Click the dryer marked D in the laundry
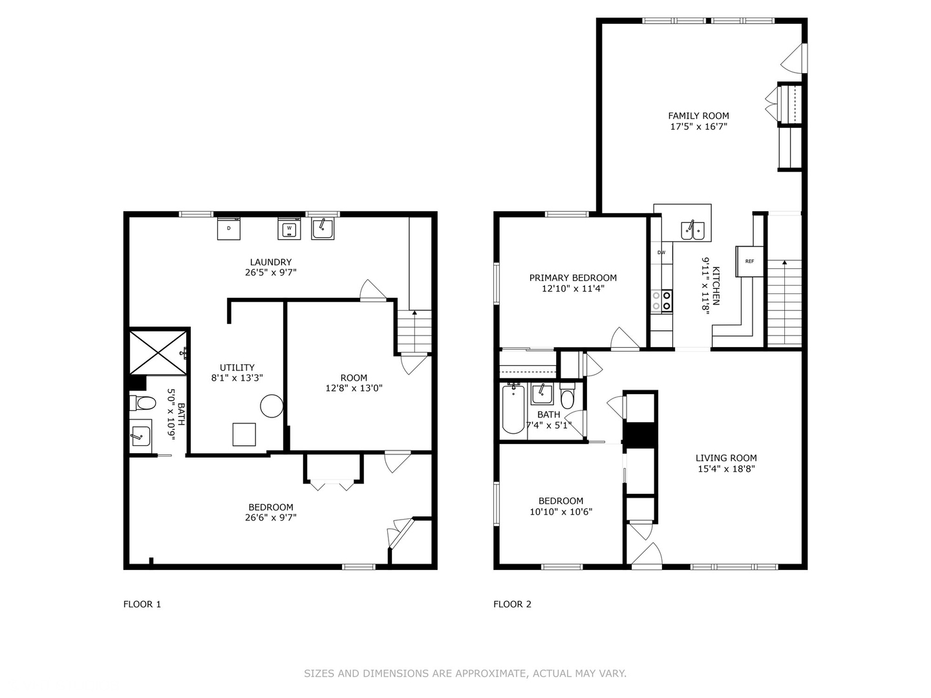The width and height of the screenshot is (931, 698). point(228,228)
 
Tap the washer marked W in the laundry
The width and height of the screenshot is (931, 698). point(289,228)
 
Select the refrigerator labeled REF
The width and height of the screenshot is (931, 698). point(749,261)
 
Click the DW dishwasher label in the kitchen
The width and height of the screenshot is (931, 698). point(661,252)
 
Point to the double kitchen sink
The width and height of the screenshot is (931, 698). point(692,229)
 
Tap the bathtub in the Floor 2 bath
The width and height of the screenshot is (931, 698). point(513,409)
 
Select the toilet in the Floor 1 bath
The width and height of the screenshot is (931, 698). point(144,403)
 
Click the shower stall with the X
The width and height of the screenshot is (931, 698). point(158,352)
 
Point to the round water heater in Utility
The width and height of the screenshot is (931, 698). point(272,406)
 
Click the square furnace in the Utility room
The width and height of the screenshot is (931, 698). point(244,434)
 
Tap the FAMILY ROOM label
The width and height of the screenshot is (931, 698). point(698,116)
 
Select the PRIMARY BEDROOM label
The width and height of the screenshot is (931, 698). point(573,278)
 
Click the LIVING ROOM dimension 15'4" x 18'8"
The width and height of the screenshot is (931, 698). point(726,469)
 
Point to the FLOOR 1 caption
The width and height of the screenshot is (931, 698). point(142,604)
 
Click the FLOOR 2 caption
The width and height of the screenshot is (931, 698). point(512,604)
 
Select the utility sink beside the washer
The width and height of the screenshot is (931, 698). point(323,228)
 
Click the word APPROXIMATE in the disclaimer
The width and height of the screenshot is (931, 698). point(490,673)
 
